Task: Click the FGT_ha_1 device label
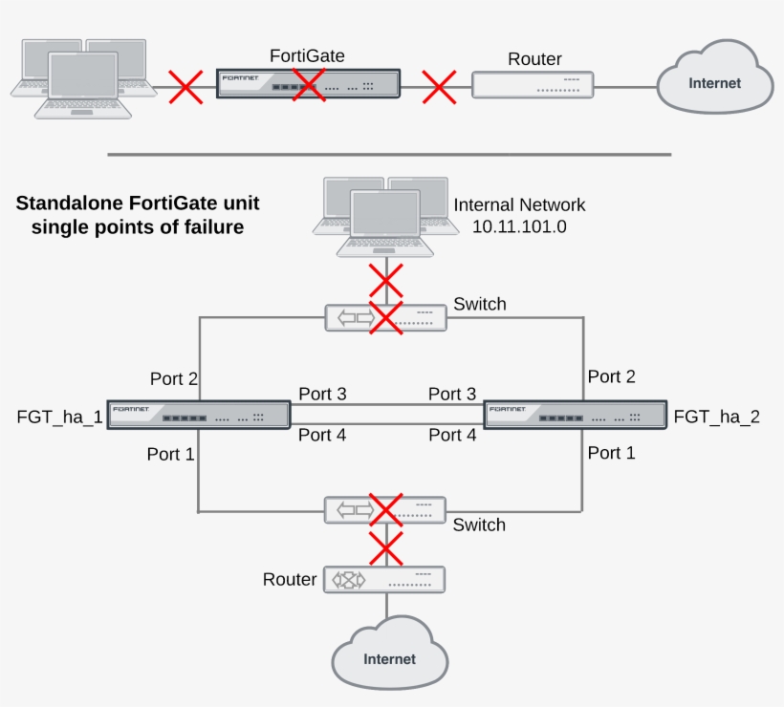[x=59, y=418]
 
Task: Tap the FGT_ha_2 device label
[x=716, y=417]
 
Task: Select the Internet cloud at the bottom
[x=389, y=653]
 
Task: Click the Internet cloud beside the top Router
[x=715, y=77]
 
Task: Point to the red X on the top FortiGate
[x=309, y=85]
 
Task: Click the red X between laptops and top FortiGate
[x=185, y=87]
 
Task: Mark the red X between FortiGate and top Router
[x=439, y=87]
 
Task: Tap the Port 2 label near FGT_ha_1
[x=173, y=378]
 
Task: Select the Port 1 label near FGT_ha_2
[x=611, y=453]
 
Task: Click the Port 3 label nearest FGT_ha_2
[x=452, y=394]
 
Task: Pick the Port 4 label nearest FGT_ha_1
[x=322, y=435]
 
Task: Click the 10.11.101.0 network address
[x=519, y=226]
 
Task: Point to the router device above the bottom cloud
[x=384, y=580]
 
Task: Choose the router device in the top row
[x=533, y=85]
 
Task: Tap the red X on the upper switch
[x=386, y=317]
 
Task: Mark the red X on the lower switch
[x=386, y=510]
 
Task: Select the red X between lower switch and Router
[x=386, y=548]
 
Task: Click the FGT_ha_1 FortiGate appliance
[x=199, y=415]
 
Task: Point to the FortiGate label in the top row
[x=307, y=56]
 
